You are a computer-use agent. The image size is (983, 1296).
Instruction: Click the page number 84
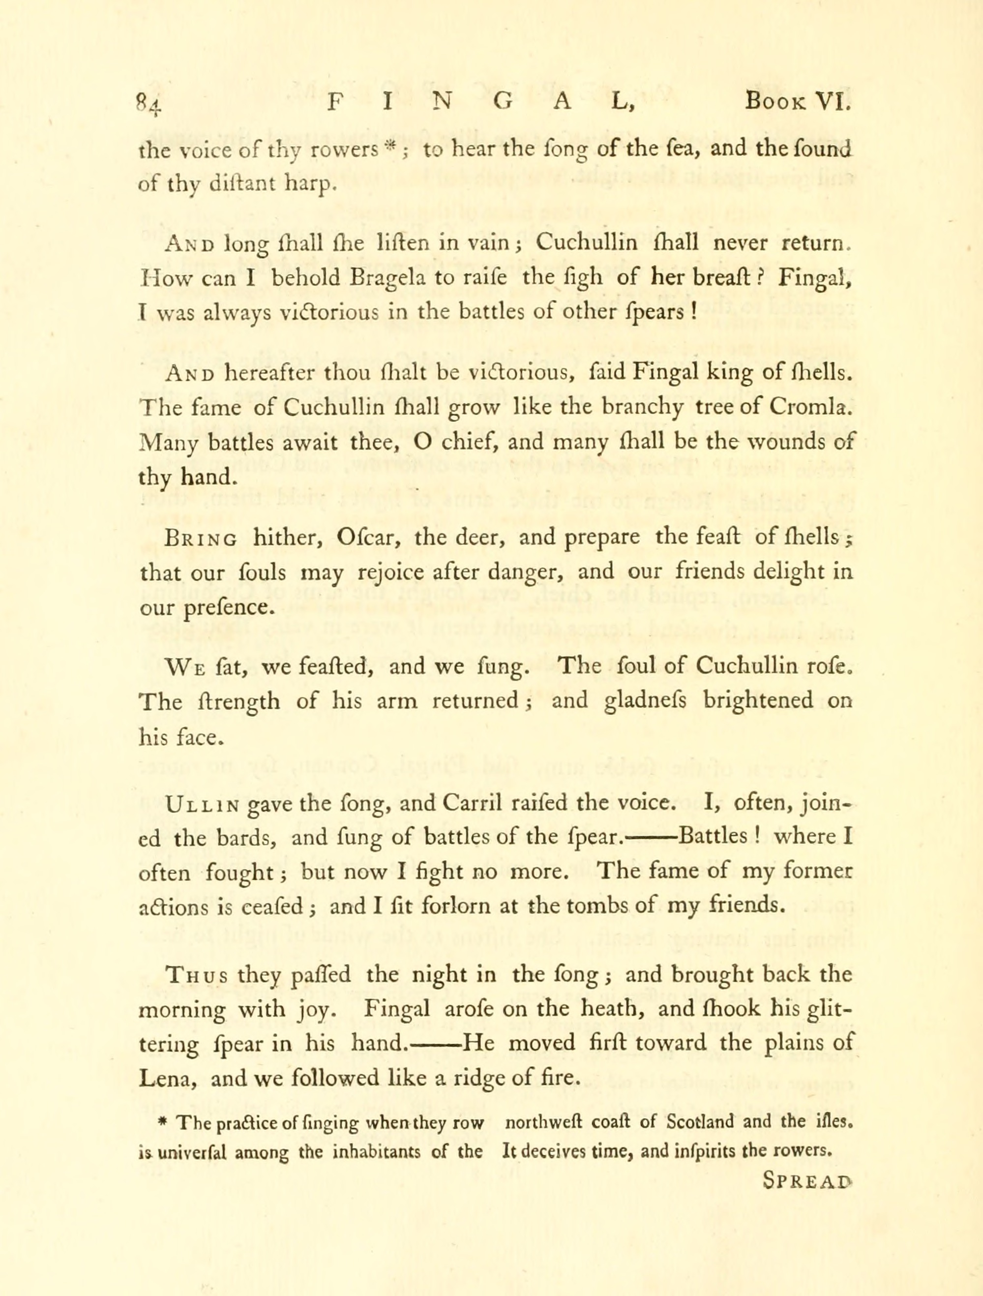(x=147, y=104)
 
